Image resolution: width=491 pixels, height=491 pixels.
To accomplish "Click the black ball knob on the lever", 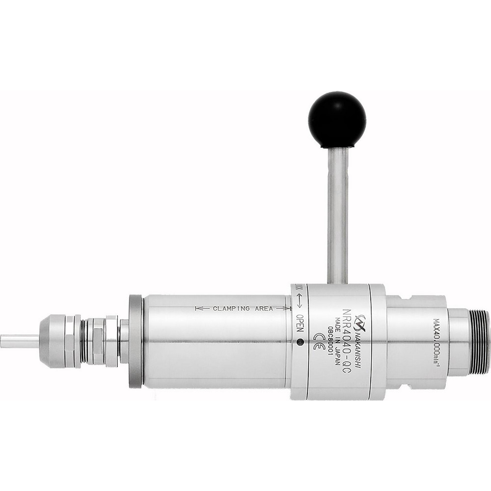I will [x=337, y=119].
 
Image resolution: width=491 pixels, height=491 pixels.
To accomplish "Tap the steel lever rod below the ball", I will [x=337, y=216].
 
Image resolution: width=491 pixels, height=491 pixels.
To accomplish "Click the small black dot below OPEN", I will [x=300, y=341].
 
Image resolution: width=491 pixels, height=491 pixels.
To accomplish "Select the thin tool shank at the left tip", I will [x=20, y=340].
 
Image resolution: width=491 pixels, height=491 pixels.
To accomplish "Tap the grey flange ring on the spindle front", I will [x=135, y=341].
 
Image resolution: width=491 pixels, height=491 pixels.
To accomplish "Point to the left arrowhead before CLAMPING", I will [x=199, y=309].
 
